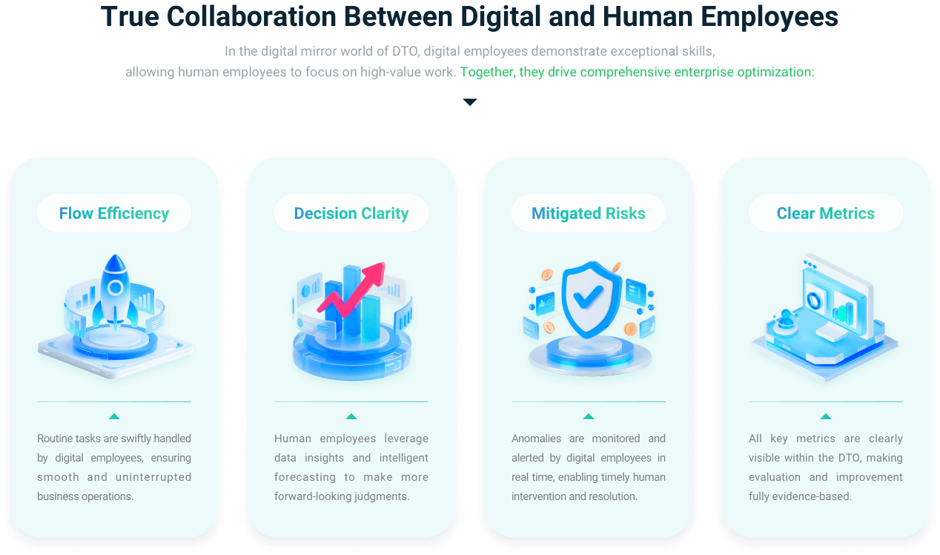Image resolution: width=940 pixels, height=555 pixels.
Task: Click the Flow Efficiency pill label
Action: [114, 214]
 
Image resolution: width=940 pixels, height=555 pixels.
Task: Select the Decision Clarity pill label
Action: [351, 214]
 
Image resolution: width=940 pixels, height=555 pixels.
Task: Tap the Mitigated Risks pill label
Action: [589, 214]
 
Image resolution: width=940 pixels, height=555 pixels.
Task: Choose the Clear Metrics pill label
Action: [826, 214]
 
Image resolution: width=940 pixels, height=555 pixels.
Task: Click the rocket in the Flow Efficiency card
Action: [115, 293]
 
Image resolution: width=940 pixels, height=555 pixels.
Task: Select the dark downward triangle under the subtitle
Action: [470, 102]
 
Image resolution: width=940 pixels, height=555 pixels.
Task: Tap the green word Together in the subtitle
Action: [484, 73]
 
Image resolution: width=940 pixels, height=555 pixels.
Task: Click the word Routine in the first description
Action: [55, 439]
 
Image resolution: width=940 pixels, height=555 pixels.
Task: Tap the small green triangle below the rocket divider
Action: [114, 416]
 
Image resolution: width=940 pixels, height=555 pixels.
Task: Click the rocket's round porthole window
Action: [115, 287]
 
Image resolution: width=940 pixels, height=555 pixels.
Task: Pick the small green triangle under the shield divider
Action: [589, 416]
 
